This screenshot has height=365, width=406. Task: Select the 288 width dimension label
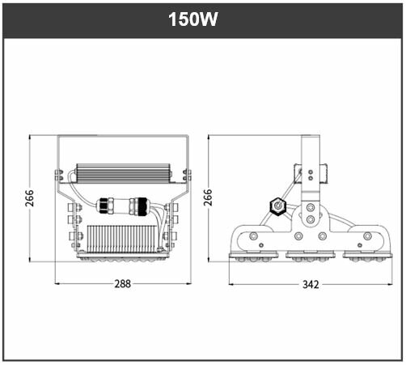click(x=121, y=284)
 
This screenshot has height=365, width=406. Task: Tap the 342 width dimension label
click(x=310, y=284)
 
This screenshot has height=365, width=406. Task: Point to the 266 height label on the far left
click(x=30, y=198)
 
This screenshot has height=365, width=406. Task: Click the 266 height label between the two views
click(x=208, y=198)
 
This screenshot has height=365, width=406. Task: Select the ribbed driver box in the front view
click(x=122, y=173)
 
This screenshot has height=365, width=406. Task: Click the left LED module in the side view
click(x=253, y=257)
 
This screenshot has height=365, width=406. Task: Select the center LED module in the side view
click(x=311, y=257)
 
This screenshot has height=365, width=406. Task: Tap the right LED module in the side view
click(x=368, y=257)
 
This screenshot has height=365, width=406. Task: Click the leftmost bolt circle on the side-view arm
click(x=254, y=236)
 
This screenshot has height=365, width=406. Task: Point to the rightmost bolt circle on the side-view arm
click(x=367, y=236)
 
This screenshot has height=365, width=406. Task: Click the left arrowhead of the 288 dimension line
click(x=57, y=284)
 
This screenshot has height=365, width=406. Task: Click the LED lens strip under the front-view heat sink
click(x=122, y=258)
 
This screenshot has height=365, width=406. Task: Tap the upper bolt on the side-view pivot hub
click(x=311, y=207)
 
